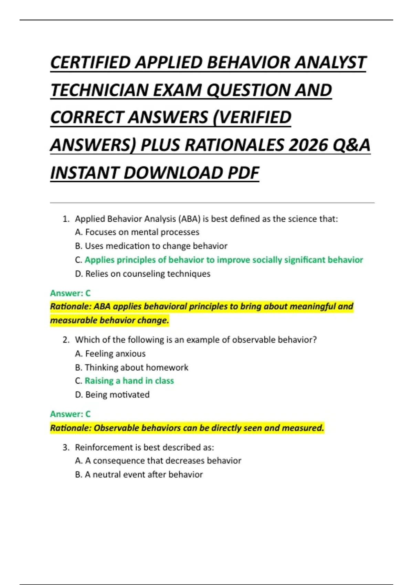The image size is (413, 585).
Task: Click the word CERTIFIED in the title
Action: tap(91, 63)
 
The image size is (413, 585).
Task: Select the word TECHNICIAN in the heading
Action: tap(99, 91)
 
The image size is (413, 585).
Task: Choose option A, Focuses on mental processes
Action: tap(137, 232)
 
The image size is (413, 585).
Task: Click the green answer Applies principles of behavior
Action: tap(224, 260)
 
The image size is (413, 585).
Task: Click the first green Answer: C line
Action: tap(70, 293)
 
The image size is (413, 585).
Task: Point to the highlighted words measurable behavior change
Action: tap(109, 320)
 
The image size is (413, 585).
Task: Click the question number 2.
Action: tap(66, 340)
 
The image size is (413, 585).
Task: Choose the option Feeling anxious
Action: tap(110, 354)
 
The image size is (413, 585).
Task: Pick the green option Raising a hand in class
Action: tap(129, 381)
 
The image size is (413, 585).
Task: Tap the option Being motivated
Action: tap(112, 395)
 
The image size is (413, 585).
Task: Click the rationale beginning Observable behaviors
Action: tap(187, 428)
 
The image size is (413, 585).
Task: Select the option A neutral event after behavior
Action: tap(139, 475)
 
